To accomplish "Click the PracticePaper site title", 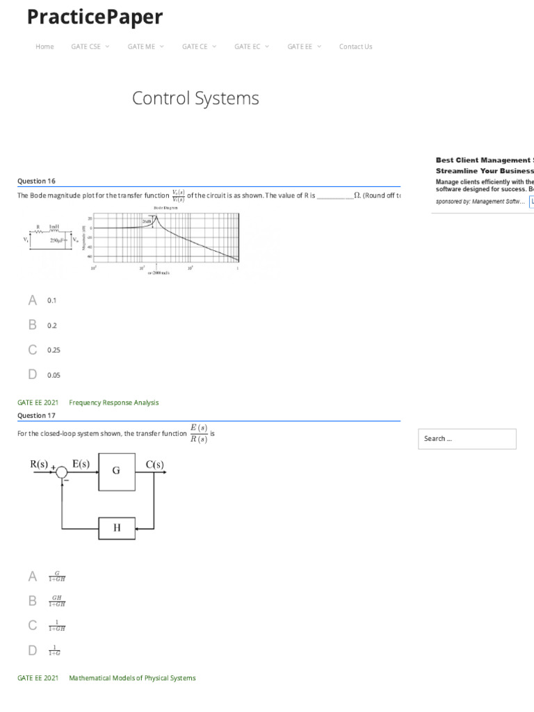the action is (95, 17).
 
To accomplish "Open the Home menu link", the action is (44, 47).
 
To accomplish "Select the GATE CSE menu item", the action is (86, 47).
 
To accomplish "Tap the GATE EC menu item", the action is (248, 47).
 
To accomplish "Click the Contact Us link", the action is (355, 47).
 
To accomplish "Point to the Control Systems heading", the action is (195, 98).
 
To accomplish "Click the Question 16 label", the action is (36, 181).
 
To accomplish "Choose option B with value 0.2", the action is (51, 325).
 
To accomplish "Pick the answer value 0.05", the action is (54, 375).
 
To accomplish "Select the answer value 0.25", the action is (54, 350).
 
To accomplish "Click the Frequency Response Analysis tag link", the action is (114, 403).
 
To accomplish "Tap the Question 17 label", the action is (36, 416).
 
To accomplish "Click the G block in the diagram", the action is (116, 471).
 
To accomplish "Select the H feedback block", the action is (116, 528).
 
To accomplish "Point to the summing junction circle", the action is (62, 473).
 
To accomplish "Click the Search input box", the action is (467, 439).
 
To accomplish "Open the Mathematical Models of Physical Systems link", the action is (132, 678).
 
